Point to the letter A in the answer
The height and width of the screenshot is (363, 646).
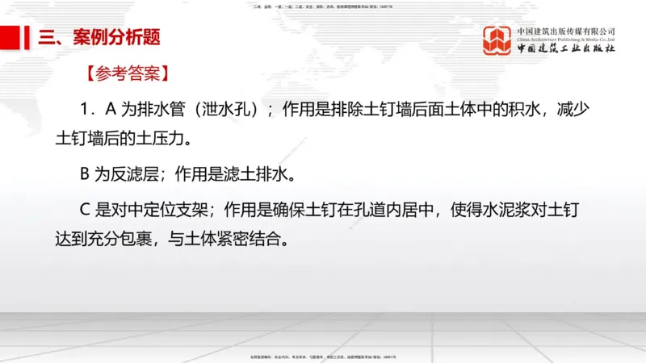pyautogui.click(x=111, y=110)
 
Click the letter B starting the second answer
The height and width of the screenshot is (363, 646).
pyautogui.click(x=83, y=174)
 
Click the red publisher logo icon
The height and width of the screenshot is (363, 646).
pyautogui.click(x=497, y=40)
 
